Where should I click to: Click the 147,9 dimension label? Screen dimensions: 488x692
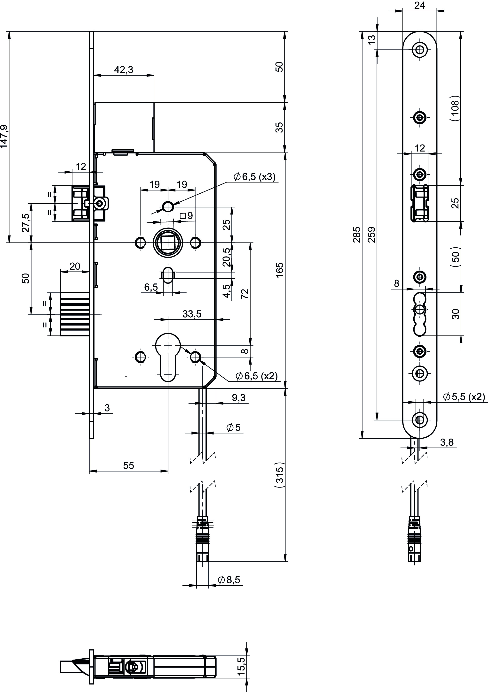4,136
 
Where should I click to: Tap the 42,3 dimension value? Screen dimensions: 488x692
123,70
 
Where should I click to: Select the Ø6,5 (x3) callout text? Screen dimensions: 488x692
254,177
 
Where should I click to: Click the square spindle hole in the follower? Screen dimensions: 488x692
168,242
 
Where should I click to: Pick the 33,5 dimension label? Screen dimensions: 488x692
192,314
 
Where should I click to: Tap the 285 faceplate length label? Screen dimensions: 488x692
357,235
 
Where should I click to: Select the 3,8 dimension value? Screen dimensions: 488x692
447,442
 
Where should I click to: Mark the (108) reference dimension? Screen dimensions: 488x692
455,108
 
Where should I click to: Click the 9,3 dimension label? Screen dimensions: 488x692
239,398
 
